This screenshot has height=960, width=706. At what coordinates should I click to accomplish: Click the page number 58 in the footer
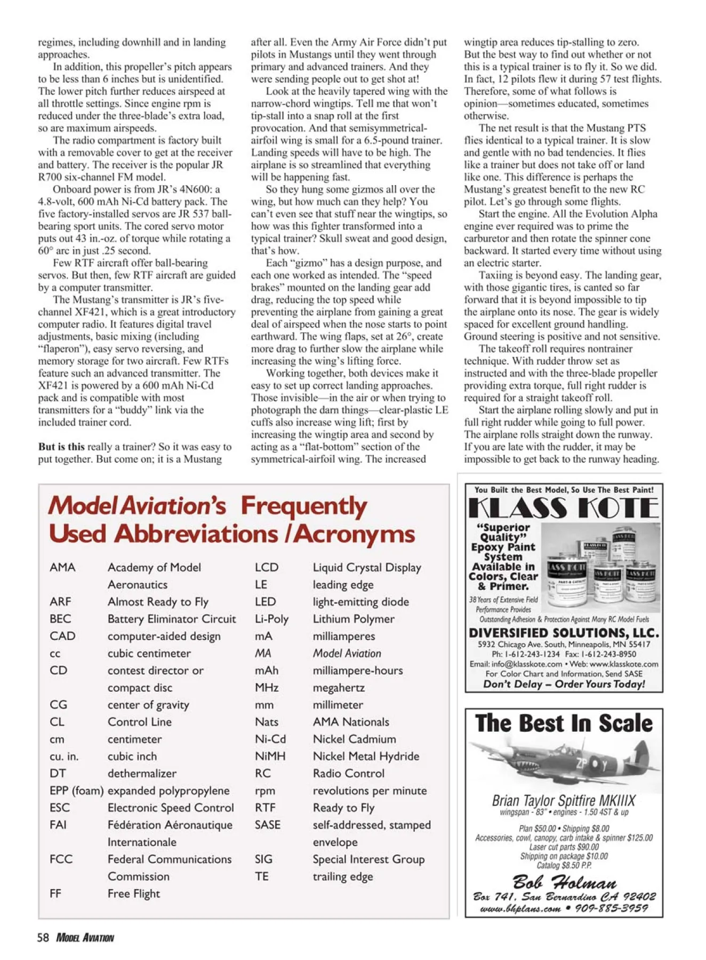coord(43,938)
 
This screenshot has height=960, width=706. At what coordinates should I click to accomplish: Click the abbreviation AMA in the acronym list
coord(62,567)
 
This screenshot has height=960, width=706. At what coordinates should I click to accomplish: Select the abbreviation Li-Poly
coord(271,619)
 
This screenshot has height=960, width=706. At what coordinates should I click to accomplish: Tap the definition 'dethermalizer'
coord(142,773)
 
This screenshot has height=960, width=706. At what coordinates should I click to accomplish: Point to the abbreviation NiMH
coord(270,756)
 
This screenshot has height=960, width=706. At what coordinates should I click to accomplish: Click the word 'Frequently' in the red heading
coord(303,506)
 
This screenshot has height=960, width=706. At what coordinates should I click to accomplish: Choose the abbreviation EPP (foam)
coord(76,790)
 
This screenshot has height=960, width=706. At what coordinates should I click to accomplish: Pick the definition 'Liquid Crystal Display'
coord(367,567)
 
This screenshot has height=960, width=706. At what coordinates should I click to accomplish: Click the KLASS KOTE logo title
coord(564,508)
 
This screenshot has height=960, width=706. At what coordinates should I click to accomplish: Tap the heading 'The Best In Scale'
coord(564,724)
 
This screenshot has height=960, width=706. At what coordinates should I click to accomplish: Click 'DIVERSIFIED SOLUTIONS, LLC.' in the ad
coord(564,633)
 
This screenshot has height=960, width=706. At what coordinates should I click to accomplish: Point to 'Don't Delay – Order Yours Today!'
coord(564,684)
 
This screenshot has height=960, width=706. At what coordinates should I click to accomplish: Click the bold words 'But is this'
coord(61,447)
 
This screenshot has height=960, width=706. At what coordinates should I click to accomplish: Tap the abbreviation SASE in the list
coord(267,825)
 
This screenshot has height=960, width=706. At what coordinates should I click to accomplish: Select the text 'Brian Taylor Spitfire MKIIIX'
coord(564,801)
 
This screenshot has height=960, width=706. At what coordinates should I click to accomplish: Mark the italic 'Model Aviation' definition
coord(347,653)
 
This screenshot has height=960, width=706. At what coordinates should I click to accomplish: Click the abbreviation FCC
coord(61,859)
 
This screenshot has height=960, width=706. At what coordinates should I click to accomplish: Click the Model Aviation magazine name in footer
coord(85,938)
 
